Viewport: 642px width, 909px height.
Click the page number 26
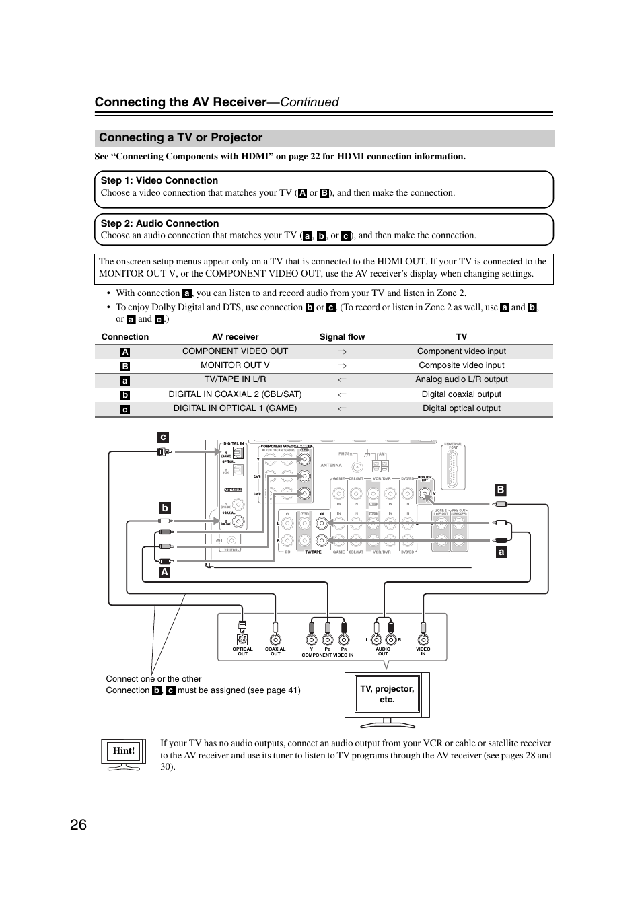coord(78,825)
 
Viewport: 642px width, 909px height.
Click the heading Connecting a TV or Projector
coord(180,138)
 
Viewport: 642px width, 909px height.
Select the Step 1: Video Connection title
coord(159,180)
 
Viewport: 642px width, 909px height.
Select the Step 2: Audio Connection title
coord(159,223)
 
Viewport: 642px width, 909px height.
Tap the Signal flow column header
coord(342,337)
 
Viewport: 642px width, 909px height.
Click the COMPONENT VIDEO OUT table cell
coord(235,351)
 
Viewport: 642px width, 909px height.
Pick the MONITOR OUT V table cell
coord(235,365)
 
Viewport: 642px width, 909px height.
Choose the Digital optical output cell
coord(461,408)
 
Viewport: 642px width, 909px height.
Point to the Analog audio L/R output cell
coord(461,379)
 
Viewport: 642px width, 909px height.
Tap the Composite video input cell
coord(461,365)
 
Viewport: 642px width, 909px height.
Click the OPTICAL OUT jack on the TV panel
coord(242,640)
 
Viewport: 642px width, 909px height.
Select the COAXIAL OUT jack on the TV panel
coord(275,640)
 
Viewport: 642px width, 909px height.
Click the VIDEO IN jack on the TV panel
coord(423,640)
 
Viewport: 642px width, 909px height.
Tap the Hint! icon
coord(124,752)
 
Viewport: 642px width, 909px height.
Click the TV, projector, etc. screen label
coord(387,694)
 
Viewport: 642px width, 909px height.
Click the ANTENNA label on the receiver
coord(331,466)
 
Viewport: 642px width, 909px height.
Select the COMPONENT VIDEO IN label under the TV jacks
coord(327,655)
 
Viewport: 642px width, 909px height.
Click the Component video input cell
coord(461,351)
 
